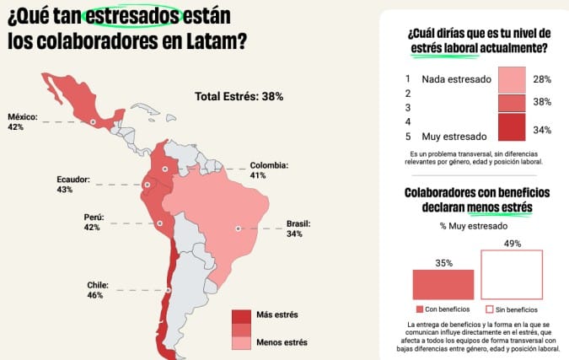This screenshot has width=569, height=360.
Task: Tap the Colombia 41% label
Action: pyautogui.click(x=269, y=170)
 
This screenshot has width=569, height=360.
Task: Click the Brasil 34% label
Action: pyautogui.click(x=298, y=228)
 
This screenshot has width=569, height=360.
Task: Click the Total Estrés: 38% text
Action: pyautogui.click(x=239, y=96)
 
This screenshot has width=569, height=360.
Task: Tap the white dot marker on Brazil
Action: pyautogui.click(x=239, y=228)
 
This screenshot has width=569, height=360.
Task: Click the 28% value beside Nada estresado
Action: pyautogui.click(x=542, y=78)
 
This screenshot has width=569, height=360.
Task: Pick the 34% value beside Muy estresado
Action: pyautogui.click(x=542, y=130)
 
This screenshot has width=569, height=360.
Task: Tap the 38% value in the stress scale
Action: pyautogui.click(x=542, y=102)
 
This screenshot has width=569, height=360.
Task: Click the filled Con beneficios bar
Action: pyautogui.click(x=443, y=284)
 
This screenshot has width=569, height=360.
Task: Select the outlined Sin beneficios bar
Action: pyautogui.click(x=513, y=274)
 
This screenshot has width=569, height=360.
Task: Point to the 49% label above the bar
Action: pyautogui.click(x=513, y=244)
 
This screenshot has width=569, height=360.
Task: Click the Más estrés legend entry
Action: pyautogui.click(x=267, y=315)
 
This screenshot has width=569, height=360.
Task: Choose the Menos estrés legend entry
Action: pyautogui.click(x=270, y=341)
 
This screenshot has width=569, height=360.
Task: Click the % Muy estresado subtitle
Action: pyautogui.click(x=474, y=226)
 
